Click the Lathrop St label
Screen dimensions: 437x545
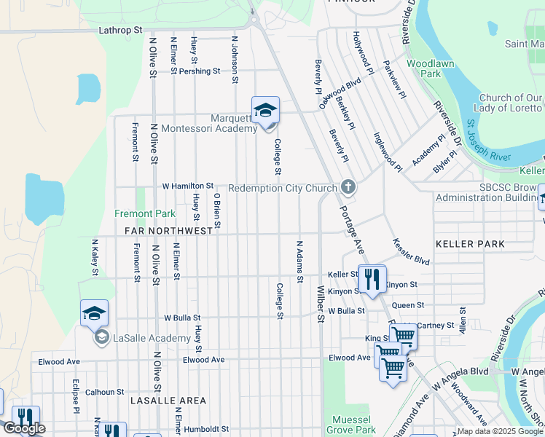pos(120,31)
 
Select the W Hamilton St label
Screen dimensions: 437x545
pos(187,186)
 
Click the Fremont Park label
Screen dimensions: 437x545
pos(145,214)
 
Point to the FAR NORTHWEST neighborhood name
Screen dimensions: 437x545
pos(168,230)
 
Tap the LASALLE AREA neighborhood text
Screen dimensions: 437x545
pos(168,401)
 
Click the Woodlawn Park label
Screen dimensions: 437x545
pos(423,68)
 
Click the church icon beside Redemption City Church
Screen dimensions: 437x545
pos(348,188)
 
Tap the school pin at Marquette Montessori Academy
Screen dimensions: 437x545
pos(265,111)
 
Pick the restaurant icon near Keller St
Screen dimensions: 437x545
pos(372,278)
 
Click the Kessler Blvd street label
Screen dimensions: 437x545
pos(412,251)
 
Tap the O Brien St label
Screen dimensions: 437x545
pos(217,210)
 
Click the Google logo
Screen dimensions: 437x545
pos(23,428)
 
